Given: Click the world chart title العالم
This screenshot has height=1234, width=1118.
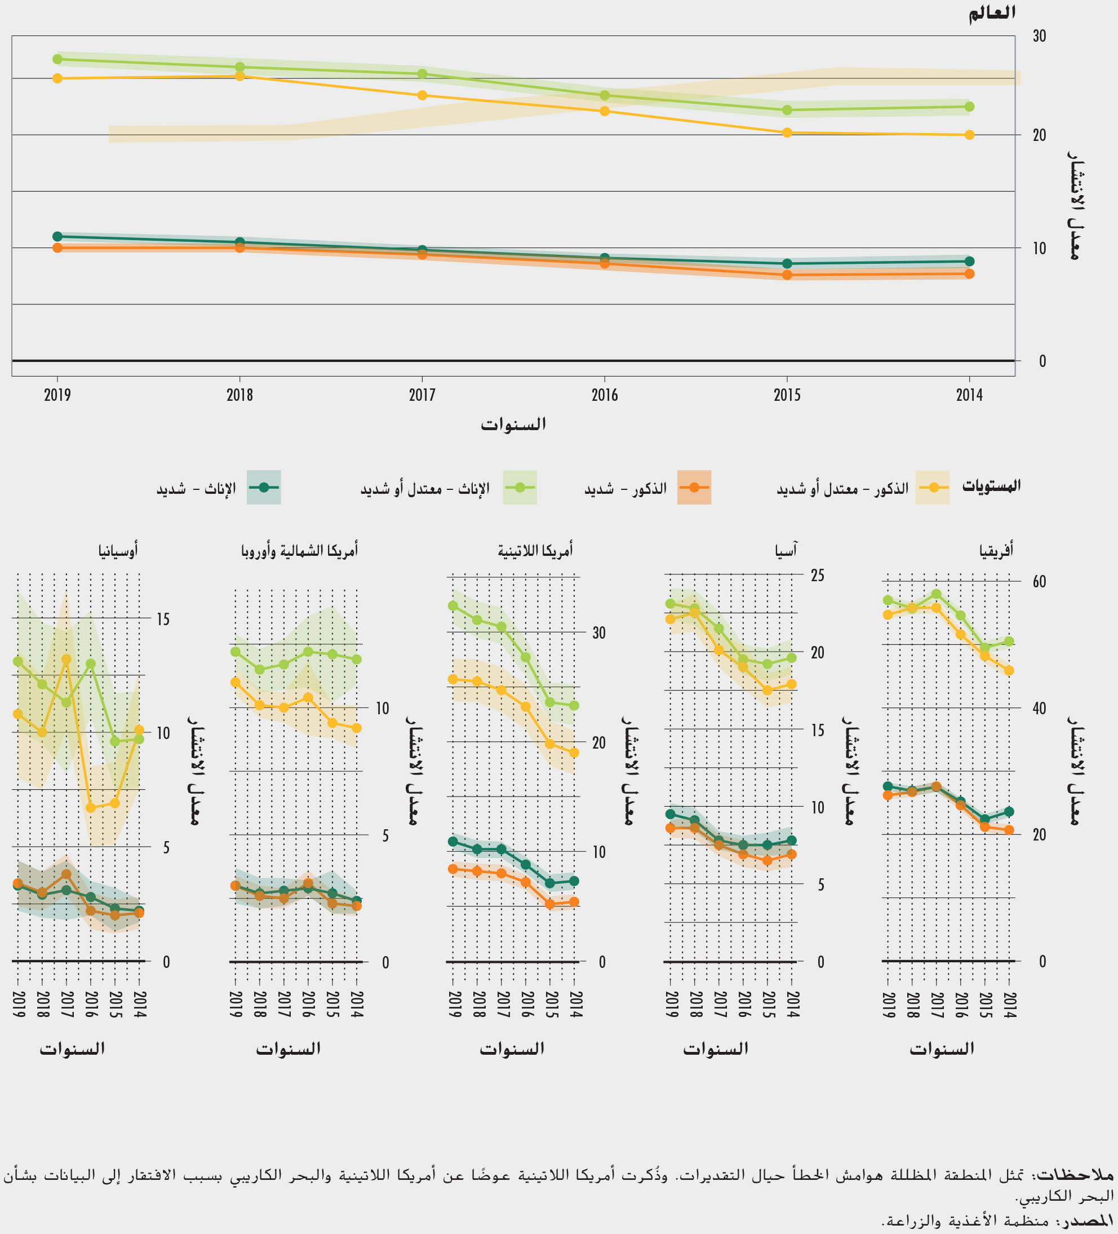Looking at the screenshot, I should [x=991, y=13].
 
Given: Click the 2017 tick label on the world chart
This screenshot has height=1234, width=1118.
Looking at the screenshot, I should [x=422, y=395].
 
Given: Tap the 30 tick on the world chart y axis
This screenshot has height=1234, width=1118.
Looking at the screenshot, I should [x=1039, y=36].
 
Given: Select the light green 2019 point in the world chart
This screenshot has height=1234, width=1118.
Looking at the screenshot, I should [x=57, y=59].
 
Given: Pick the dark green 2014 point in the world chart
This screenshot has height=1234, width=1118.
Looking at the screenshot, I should [x=969, y=262].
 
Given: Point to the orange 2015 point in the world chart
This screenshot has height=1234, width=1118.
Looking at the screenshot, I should [x=788, y=276].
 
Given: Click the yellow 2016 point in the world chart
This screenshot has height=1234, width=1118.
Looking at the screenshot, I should [x=605, y=111].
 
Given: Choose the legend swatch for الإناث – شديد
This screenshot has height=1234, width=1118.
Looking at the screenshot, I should [x=264, y=487].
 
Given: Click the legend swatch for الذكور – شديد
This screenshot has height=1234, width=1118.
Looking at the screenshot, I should [x=694, y=487].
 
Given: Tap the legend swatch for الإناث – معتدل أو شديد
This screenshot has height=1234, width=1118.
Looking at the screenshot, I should [x=520, y=487].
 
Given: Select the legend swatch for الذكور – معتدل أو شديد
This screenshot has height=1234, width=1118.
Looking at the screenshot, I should [x=932, y=487].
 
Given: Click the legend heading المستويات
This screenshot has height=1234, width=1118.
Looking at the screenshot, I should [x=991, y=486].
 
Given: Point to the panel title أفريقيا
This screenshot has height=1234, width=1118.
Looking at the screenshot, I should [x=996, y=551].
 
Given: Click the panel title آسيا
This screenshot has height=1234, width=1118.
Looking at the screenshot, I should [x=786, y=551].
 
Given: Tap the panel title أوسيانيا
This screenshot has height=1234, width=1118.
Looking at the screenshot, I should [x=118, y=551].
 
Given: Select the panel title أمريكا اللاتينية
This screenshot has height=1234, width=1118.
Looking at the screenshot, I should [x=535, y=551].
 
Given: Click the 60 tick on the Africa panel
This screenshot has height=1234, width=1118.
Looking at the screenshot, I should [x=1039, y=582].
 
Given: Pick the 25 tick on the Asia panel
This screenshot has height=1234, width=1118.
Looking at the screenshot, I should [x=818, y=576].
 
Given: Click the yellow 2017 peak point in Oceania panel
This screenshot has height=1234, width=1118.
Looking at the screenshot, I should [x=66, y=659].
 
